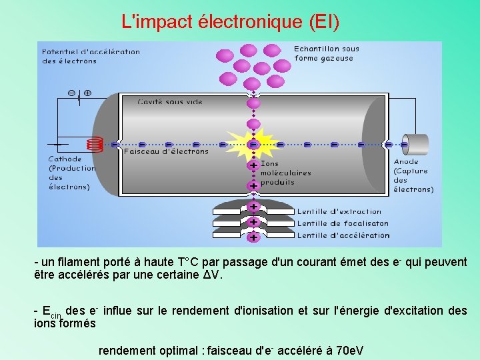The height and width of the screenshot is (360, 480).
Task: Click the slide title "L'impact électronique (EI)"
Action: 231,21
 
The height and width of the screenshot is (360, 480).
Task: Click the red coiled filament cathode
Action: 95,144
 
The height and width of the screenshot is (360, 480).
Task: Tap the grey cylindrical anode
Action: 417,144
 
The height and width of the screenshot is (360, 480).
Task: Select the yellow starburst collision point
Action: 253,143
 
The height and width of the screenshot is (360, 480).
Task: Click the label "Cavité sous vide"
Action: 170,102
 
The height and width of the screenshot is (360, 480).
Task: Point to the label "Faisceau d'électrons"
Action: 166,151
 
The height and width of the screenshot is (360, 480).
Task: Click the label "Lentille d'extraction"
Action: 339,212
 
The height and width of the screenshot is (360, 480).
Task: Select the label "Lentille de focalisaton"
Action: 343,223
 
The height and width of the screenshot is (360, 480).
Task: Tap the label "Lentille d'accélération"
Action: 343,235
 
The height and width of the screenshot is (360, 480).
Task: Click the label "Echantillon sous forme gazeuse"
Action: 327,53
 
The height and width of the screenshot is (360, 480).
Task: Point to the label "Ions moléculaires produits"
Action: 285,173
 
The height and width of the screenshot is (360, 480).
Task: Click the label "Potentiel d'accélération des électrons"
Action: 91,56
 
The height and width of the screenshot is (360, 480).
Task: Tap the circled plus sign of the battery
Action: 87,93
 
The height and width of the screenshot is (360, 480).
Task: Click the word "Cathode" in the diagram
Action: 65,159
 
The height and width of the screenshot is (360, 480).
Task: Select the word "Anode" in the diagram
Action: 406,161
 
